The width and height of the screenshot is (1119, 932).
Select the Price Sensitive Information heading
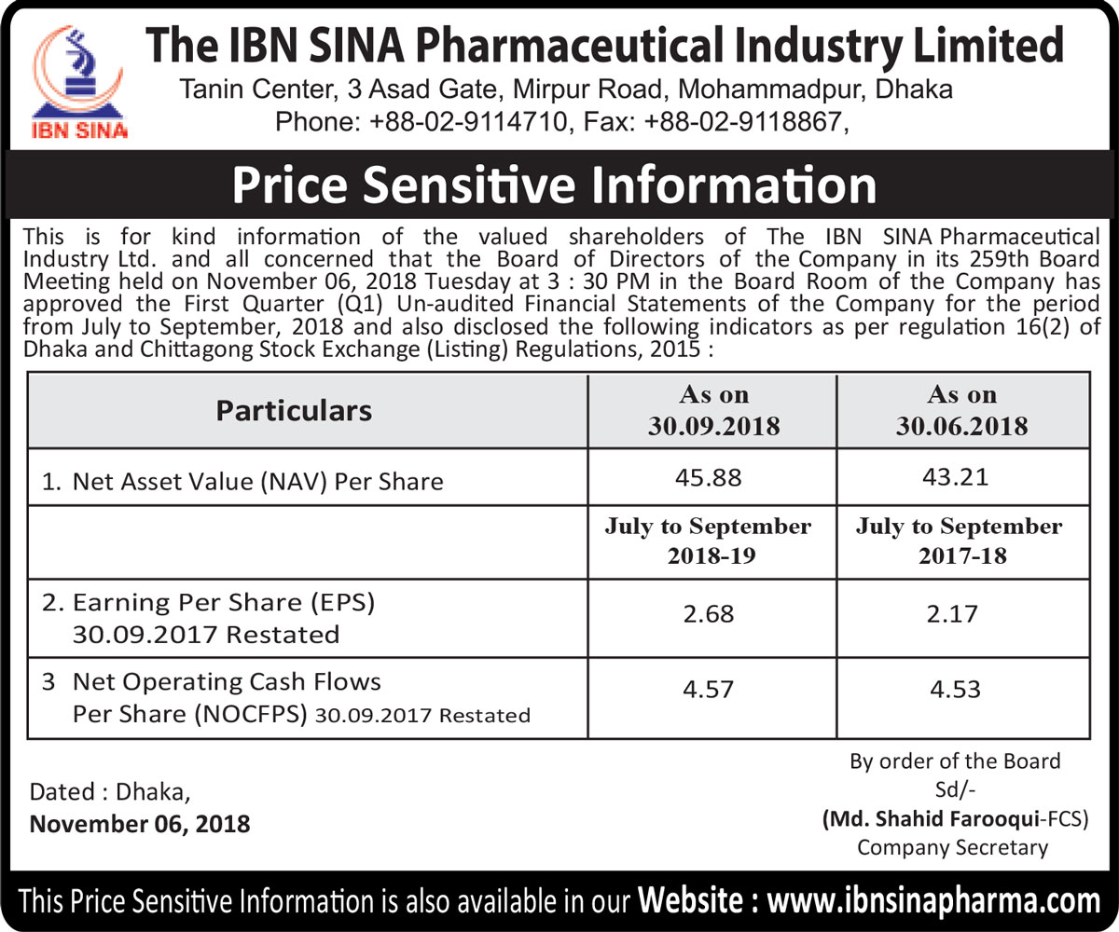click(x=554, y=185)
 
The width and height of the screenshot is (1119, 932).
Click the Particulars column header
click(x=294, y=410)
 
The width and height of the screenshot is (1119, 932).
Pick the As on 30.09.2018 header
click(x=713, y=410)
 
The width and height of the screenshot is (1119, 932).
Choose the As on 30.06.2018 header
click(x=962, y=410)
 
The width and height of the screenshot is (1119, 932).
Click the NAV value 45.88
click(x=713, y=479)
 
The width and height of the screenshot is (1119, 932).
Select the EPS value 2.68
click(x=709, y=614)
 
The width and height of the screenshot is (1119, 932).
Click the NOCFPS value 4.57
click(x=709, y=690)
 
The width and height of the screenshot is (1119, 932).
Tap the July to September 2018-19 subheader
click(x=708, y=541)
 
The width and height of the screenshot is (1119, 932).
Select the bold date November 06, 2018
click(x=140, y=823)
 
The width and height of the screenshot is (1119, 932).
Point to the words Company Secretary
click(x=952, y=847)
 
